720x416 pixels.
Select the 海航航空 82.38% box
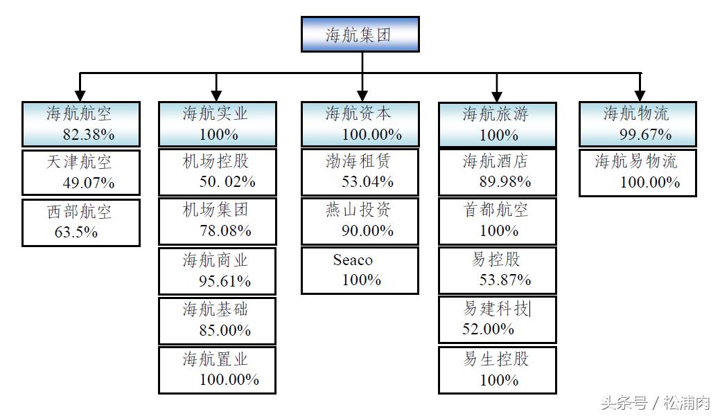pyautogui.click(x=80, y=124)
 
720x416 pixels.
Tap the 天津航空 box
pyautogui.click(x=80, y=172)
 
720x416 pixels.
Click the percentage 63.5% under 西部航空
pyautogui.click(x=76, y=232)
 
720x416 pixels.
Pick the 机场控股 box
pyautogui.click(x=217, y=172)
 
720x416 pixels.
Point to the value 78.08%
pyautogui.click(x=225, y=230)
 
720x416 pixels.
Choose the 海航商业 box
pyautogui.click(x=217, y=271)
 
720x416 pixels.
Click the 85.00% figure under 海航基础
pyautogui.click(x=225, y=330)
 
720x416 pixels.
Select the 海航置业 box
pyautogui.click(x=217, y=370)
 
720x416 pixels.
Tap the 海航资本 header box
pyautogui.click(x=360, y=124)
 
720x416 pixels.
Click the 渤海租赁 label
pyautogui.click(x=358, y=162)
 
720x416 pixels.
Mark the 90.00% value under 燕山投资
pyautogui.click(x=367, y=230)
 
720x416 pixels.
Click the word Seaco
pyautogui.click(x=352, y=260)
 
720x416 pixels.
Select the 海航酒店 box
pyautogui.click(x=497, y=172)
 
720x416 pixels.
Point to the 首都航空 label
pyautogui.click(x=495, y=210)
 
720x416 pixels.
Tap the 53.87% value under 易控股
pyautogui.click(x=505, y=280)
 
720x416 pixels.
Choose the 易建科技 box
pyautogui.click(x=497, y=319)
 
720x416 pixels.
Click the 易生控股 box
pyautogui.click(x=497, y=370)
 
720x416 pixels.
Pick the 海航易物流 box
pyautogui.click(x=638, y=172)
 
